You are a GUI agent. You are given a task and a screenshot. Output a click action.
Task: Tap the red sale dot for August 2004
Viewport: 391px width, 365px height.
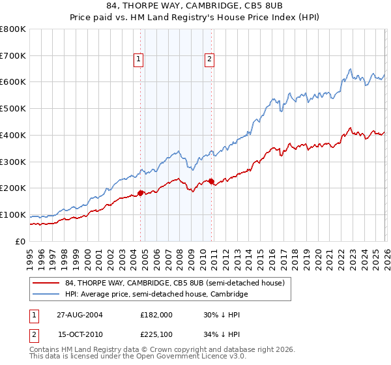[x=141, y=193]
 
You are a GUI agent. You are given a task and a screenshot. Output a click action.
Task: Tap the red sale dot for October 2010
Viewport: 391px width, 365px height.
[x=211, y=181]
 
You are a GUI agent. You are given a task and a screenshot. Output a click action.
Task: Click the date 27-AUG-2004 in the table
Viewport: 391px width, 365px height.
[x=80, y=315]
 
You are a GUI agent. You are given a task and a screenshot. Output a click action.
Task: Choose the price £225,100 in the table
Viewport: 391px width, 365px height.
[x=156, y=336]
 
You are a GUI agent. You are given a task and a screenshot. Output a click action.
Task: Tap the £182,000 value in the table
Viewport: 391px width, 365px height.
[x=156, y=315]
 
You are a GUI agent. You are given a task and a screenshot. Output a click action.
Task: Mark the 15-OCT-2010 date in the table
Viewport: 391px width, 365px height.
[x=80, y=336]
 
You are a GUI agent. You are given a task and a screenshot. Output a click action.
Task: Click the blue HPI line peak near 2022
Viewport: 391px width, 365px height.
[x=350, y=69]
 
